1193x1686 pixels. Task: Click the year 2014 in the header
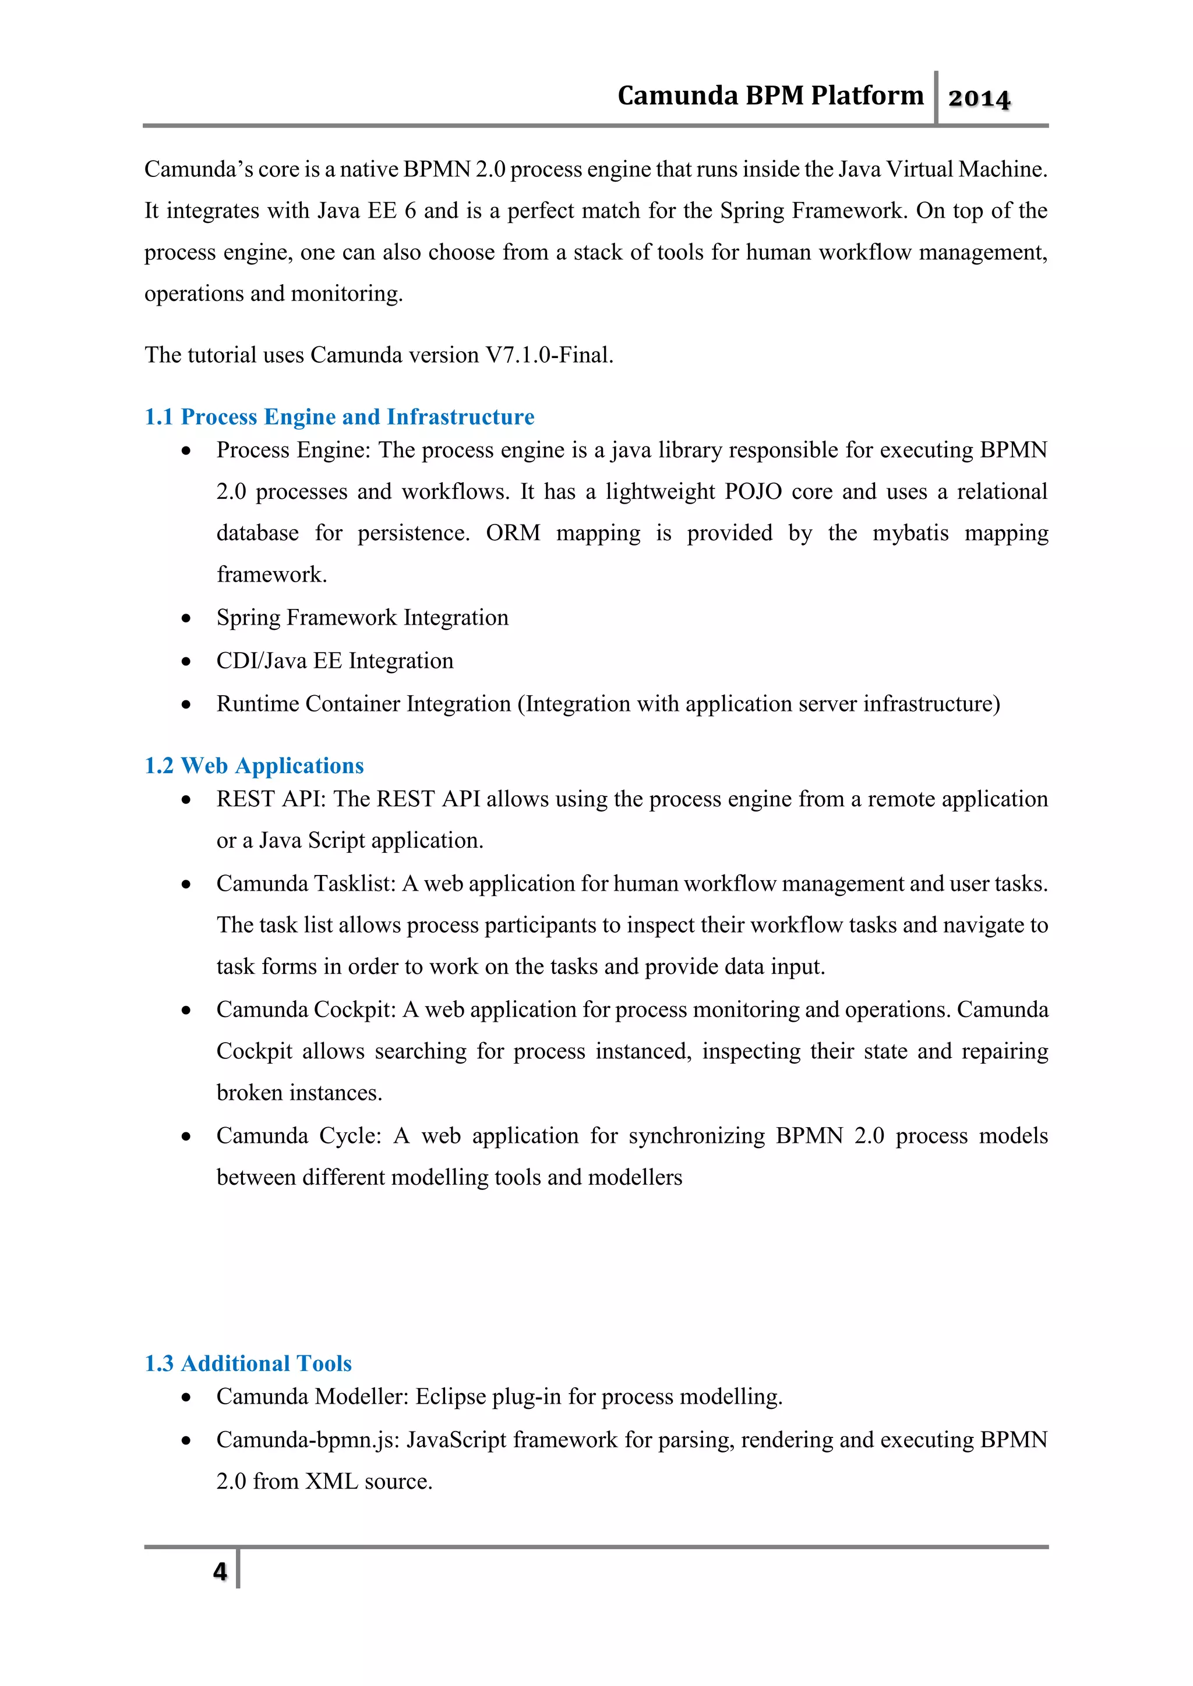pyautogui.click(x=979, y=98)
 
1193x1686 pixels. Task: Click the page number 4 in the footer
pyautogui.click(x=220, y=1571)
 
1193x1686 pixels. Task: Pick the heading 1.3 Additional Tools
pyautogui.click(x=248, y=1363)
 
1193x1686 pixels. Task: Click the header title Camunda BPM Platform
pyautogui.click(x=770, y=95)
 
